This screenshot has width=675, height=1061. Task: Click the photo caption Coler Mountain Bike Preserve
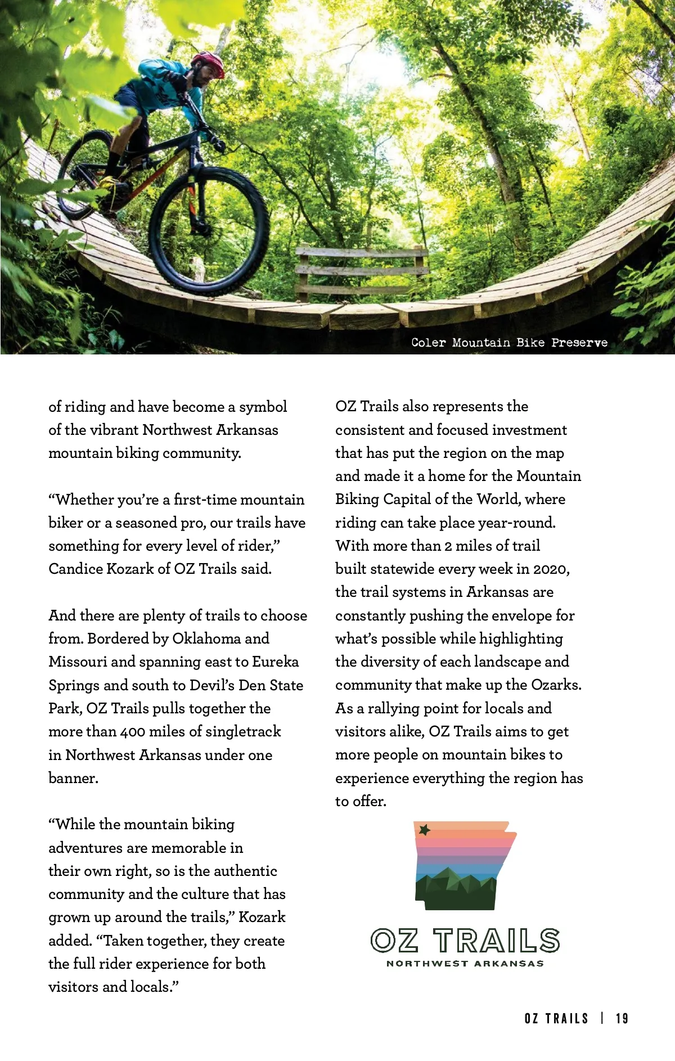[x=509, y=343]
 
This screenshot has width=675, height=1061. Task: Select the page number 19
[x=622, y=1019]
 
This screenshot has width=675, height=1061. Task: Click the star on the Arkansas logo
[x=425, y=830]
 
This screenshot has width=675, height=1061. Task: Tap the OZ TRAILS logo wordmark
[x=465, y=941]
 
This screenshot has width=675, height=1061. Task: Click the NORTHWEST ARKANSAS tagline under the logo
[x=465, y=964]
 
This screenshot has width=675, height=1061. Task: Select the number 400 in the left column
[x=133, y=732]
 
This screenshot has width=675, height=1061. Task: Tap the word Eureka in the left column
[x=275, y=662]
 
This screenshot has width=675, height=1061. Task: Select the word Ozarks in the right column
[x=556, y=685]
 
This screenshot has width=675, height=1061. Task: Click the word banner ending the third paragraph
[x=73, y=778]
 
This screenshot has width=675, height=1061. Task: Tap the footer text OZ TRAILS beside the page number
[x=556, y=1019]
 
